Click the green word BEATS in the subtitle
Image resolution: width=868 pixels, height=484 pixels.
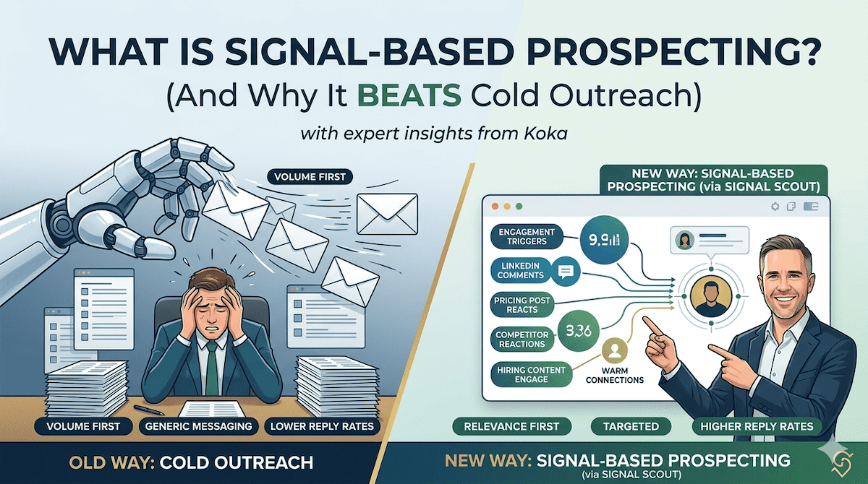[409, 94]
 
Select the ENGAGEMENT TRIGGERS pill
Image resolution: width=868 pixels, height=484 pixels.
[527, 236]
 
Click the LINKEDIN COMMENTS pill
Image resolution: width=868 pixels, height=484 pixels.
[520, 270]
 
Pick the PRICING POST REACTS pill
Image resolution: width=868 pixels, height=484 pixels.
[522, 305]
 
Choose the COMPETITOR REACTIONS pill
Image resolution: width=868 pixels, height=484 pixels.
[522, 340]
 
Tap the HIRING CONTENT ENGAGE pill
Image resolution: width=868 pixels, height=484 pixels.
[531, 374]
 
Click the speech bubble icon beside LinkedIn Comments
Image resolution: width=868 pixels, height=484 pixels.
[565, 272]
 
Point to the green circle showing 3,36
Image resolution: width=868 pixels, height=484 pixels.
[579, 331]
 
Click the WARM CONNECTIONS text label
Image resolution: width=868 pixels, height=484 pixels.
[615, 376]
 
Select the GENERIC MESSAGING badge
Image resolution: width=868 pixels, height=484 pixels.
[198, 426]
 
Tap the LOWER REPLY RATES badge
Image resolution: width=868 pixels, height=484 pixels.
[322, 426]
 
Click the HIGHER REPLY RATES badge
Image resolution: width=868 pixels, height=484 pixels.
[757, 426]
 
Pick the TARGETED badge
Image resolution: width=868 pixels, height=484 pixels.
[631, 426]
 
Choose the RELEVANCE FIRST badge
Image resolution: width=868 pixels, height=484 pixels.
[511, 426]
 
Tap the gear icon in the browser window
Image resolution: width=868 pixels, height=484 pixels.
[775, 207]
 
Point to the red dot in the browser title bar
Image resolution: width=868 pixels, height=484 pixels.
[495, 206]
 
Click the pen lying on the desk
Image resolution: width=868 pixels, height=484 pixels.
[149, 410]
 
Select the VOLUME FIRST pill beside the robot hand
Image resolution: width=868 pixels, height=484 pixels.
[310, 177]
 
